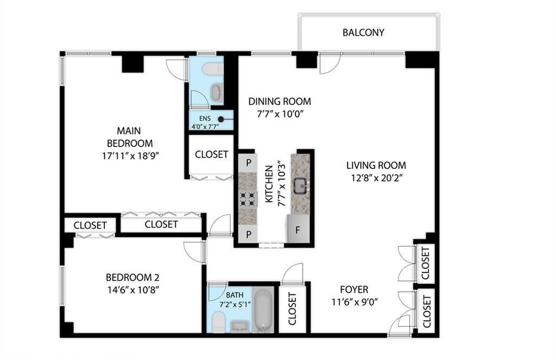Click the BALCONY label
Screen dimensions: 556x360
coord(363,33)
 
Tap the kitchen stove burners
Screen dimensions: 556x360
coord(248,199)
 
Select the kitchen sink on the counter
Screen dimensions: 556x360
coord(301,186)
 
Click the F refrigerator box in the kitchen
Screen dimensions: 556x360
coord(298,230)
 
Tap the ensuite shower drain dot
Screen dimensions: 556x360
coord(221,119)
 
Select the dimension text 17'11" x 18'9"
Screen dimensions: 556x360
coord(129,156)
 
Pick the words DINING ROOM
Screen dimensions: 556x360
coord(280,102)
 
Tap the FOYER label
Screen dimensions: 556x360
coord(354,289)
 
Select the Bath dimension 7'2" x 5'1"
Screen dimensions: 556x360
coord(235,304)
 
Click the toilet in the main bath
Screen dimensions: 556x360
coord(218,322)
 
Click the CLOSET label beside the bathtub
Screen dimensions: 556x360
coord(292,308)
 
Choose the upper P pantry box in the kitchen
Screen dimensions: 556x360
coord(249,163)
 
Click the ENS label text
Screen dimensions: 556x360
coord(205,118)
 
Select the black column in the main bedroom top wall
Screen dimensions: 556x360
coord(133,64)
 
